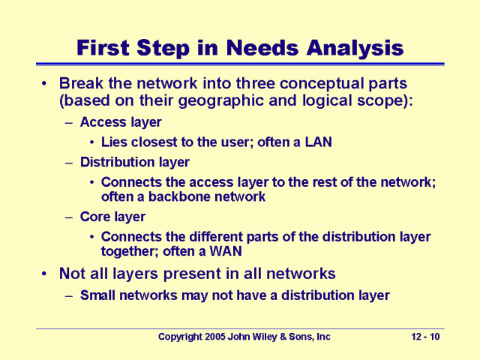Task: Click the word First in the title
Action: pyautogui.click(x=103, y=48)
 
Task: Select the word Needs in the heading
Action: pyautogui.click(x=262, y=48)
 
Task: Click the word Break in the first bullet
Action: pyautogui.click(x=81, y=83)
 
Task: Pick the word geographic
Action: pyautogui.click(x=220, y=101)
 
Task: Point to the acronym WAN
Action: pyautogui.click(x=226, y=251)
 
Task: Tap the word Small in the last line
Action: pyautogui.click(x=97, y=295)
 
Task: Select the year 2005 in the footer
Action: pyautogui.click(x=215, y=337)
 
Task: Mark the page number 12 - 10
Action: pyautogui.click(x=425, y=337)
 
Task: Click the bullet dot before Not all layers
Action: pyautogui.click(x=45, y=274)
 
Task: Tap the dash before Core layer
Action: pyautogui.click(x=69, y=217)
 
